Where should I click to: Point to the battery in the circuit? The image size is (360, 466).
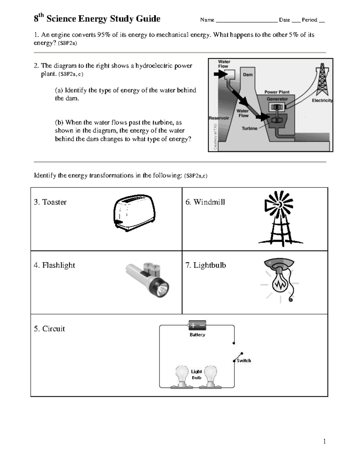[x=197, y=325]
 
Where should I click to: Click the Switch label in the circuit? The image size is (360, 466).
[x=244, y=361]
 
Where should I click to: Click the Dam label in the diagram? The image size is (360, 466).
[x=248, y=75]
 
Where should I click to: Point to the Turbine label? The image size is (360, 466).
[x=250, y=128]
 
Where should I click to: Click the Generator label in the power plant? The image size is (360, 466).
[x=277, y=99]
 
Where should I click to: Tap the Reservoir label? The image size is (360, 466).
[x=219, y=118]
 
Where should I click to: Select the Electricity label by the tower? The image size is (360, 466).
[x=322, y=101]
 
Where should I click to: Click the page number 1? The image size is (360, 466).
[x=324, y=441]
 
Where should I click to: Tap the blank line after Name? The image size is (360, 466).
[x=246, y=20]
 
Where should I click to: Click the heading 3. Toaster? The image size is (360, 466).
[x=50, y=202]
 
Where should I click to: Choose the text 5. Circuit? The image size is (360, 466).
[x=49, y=329]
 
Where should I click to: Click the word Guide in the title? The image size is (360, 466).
[x=148, y=19]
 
